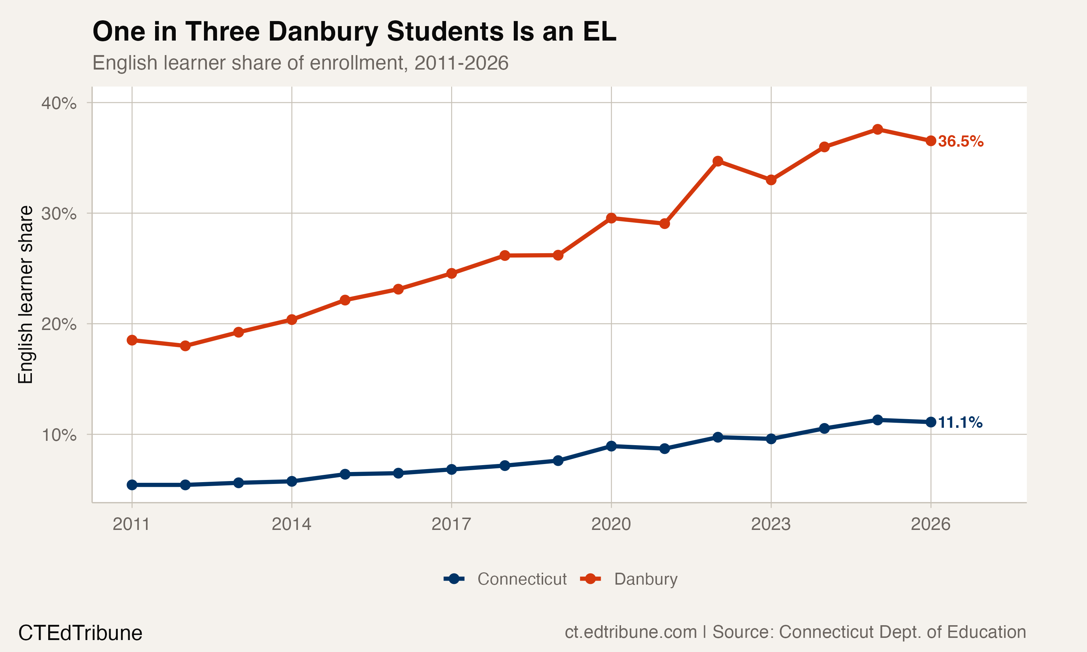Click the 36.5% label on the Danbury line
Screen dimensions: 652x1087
coord(961,142)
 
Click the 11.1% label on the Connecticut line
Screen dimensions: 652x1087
coord(960,423)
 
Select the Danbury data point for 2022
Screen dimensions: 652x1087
coord(718,161)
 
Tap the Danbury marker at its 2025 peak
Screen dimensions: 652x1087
coord(878,129)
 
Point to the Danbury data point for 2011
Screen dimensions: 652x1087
coord(132,340)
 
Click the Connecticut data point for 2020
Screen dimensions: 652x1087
coord(611,446)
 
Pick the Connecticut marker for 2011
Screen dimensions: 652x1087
coord(132,485)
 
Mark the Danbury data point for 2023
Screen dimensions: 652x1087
coord(771,180)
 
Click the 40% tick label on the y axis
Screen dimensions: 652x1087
coord(58,103)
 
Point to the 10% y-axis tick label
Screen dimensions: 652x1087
coord(58,435)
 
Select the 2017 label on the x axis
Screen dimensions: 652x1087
coord(451,524)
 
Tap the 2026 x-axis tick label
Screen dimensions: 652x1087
coord(930,524)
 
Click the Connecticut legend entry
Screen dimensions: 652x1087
coord(505,579)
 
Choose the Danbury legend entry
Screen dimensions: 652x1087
coord(629,579)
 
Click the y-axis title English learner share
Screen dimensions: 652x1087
coord(25,294)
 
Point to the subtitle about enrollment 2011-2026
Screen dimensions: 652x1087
coord(300,63)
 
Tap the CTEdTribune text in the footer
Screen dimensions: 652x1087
coord(80,633)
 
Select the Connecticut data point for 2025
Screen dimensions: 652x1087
coord(878,420)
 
